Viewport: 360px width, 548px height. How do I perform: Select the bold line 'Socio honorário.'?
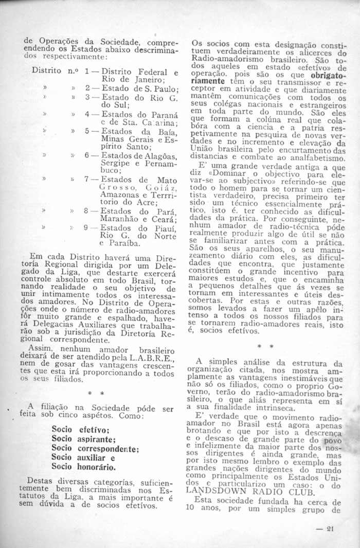pos(84,467)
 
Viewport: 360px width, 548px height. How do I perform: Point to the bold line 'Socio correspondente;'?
pos(96,448)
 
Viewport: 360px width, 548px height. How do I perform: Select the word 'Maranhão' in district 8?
pos(119,219)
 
